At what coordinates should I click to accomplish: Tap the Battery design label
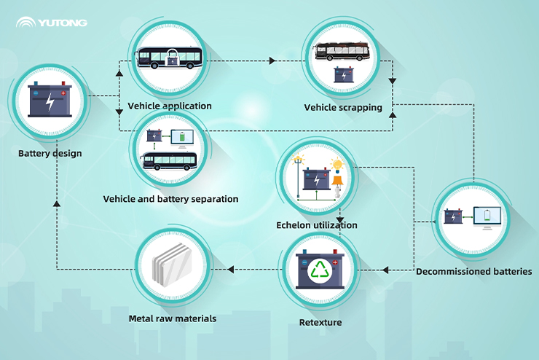click(50, 154)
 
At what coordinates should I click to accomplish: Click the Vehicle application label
click(170, 106)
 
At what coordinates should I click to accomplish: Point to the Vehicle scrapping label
click(343, 108)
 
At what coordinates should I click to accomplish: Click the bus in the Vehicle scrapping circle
click(342, 52)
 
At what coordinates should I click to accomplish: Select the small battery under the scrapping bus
click(342, 74)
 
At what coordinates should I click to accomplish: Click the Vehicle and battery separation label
click(170, 199)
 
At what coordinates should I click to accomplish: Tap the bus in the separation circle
click(169, 161)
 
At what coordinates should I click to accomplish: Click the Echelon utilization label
click(317, 225)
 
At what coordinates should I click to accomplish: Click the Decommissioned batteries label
click(473, 272)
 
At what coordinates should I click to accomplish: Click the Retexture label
click(320, 321)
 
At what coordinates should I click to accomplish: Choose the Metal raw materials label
click(173, 318)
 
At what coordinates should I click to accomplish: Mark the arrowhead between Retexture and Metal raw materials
click(230, 270)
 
